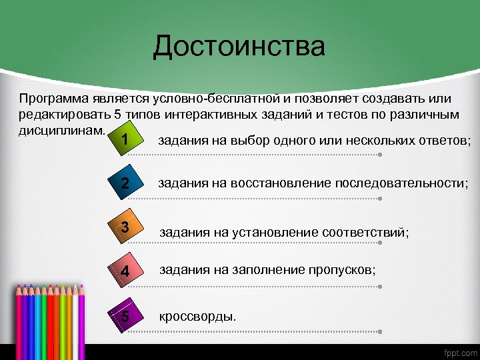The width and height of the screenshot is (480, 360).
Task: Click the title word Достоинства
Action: (239, 47)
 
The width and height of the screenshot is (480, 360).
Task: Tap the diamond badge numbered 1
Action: (125, 141)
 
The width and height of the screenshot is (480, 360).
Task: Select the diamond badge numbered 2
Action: (125, 184)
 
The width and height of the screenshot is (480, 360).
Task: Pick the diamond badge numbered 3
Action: (125, 228)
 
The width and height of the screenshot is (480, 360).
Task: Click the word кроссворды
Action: (197, 315)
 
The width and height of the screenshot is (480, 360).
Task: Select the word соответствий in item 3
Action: (365, 232)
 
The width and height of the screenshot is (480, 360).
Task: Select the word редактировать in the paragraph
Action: (59, 113)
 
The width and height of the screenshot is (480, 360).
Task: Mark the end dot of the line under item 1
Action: (379, 155)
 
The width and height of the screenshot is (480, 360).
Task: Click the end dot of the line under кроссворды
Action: (379, 330)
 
